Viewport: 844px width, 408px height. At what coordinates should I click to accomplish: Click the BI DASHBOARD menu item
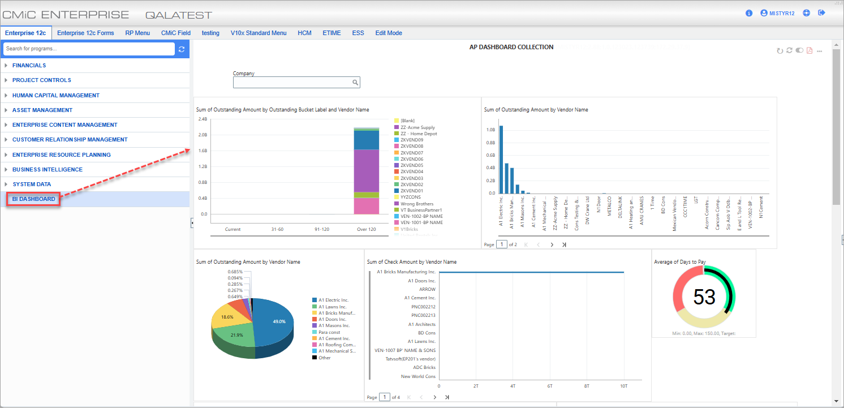point(34,199)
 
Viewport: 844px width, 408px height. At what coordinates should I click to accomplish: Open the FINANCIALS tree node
point(29,66)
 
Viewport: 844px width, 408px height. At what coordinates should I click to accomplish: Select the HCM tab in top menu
point(304,33)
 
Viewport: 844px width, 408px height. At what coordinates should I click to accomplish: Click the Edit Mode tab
point(389,33)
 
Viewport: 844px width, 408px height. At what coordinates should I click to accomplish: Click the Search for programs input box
point(89,49)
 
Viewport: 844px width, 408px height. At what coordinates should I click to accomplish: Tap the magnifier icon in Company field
point(355,83)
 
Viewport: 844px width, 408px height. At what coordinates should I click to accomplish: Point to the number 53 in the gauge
point(704,297)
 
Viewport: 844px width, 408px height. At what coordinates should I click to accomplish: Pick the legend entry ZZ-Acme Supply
point(417,127)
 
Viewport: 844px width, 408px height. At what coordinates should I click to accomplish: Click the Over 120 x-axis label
point(366,229)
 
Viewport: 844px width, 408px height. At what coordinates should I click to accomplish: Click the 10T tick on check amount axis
point(623,386)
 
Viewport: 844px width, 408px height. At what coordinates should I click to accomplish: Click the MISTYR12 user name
point(782,13)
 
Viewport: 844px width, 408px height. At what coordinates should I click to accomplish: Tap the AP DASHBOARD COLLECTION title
point(511,47)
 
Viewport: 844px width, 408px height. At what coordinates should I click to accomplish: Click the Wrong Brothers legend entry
point(416,204)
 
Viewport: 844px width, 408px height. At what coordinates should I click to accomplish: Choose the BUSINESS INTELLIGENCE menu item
point(48,170)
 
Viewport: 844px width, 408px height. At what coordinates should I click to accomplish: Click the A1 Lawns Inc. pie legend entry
point(332,307)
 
